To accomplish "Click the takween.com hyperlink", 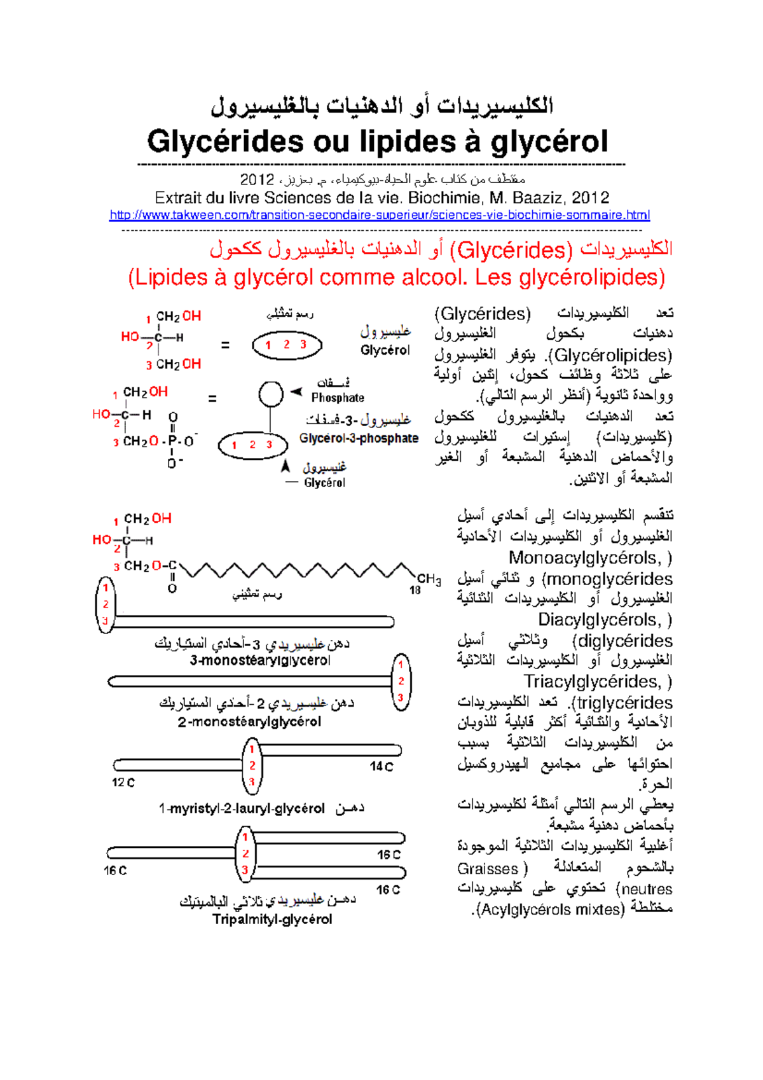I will [x=380, y=215].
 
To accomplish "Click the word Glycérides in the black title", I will [x=225, y=141].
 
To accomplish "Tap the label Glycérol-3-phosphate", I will [x=359, y=438].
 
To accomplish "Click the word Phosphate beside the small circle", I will [x=338, y=398].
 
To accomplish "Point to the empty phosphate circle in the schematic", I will [x=271, y=394].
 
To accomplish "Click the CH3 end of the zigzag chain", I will [x=429, y=579].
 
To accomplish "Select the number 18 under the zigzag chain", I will [x=415, y=590].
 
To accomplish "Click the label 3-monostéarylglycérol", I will [x=260, y=660].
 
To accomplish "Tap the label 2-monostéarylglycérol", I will [x=249, y=722].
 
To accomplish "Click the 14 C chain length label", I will [x=381, y=766].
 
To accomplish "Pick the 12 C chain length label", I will [x=123, y=782].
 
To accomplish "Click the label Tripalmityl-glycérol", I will [x=272, y=919].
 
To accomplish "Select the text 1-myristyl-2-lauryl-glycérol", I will [x=242, y=808].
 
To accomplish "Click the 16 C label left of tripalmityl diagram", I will [x=115, y=870].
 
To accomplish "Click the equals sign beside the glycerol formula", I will [x=224, y=345].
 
